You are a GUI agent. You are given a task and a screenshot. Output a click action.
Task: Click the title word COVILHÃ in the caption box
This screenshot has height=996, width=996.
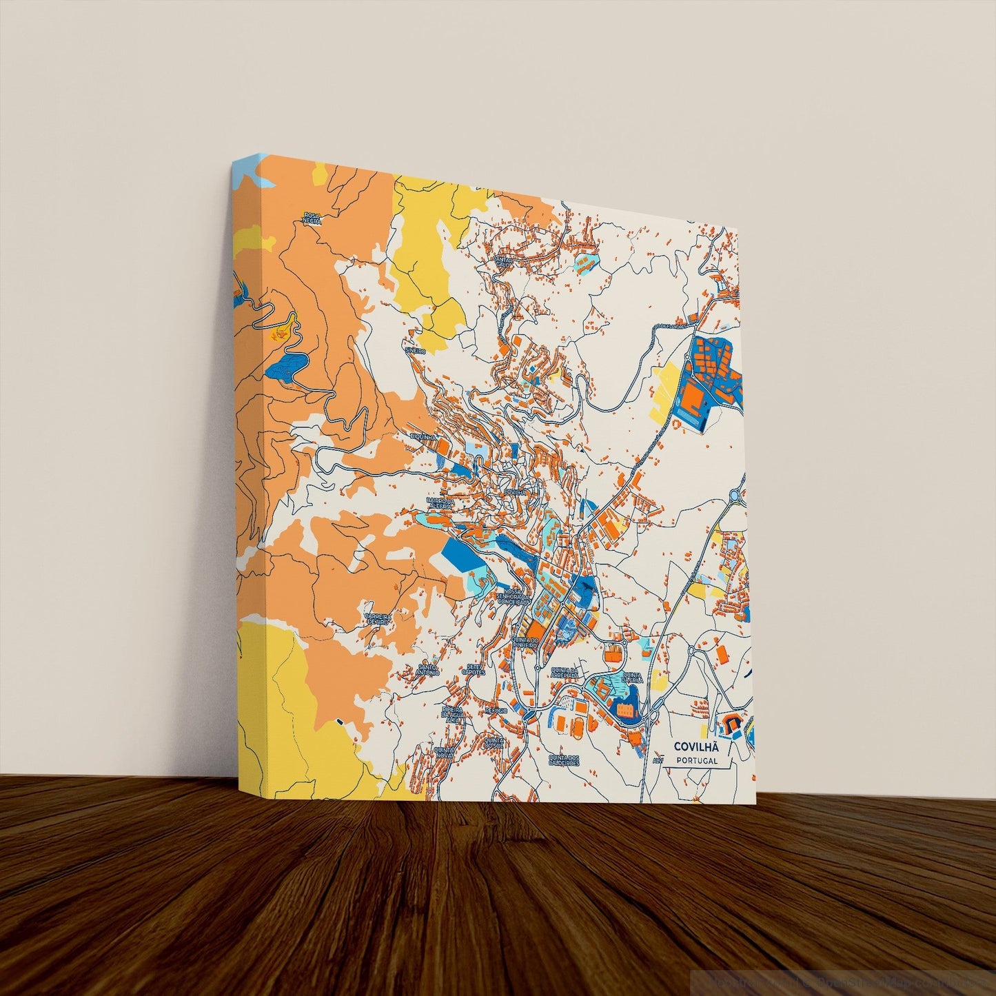[x=695, y=746]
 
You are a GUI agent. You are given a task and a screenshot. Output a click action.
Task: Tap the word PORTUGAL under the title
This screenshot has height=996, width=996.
[x=696, y=761]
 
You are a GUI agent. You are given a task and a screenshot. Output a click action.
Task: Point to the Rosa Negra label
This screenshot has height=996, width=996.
[x=312, y=219]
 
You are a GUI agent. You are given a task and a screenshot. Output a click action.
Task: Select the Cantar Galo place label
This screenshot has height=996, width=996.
[x=505, y=261]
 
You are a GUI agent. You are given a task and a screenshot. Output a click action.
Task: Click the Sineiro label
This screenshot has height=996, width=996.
[x=415, y=351]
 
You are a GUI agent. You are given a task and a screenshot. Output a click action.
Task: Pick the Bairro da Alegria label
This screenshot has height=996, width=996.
[x=439, y=503]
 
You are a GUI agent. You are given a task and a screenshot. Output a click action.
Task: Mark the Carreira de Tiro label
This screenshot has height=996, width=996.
[x=378, y=618]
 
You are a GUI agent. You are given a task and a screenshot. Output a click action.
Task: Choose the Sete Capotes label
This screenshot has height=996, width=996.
[x=476, y=669]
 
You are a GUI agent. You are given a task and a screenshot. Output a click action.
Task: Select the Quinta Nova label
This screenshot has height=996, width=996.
[x=443, y=749]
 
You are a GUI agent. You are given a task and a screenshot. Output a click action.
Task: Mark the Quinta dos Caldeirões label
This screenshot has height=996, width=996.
[x=563, y=760]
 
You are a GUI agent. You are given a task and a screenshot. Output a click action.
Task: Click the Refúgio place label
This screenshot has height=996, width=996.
[x=496, y=709]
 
